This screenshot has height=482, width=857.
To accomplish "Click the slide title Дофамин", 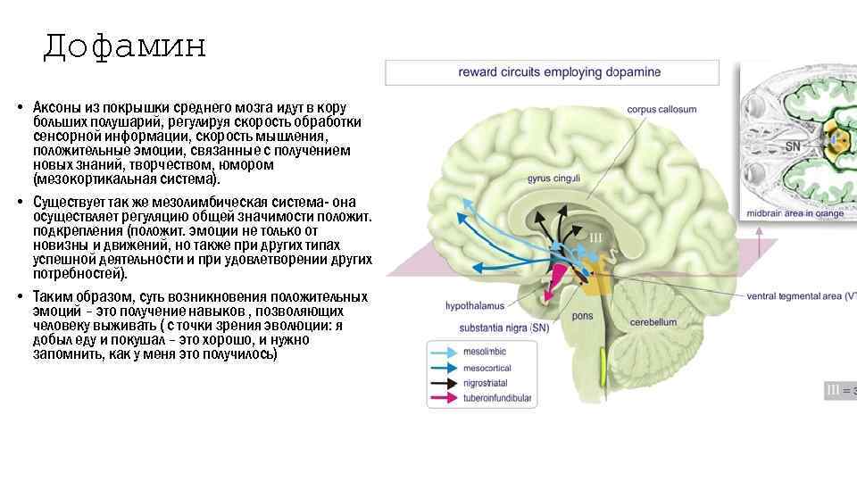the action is tap(124, 46).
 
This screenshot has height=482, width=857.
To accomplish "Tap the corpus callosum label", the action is tap(655, 110).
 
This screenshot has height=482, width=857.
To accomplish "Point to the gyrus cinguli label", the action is tap(553, 179).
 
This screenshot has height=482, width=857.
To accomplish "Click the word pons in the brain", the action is tap(582, 315).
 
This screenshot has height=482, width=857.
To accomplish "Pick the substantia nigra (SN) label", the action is tap(503, 328).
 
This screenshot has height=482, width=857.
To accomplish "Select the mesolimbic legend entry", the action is tap(485, 353).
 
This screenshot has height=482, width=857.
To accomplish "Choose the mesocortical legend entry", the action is tap(488, 368).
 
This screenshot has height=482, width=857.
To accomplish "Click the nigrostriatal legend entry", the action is tap(487, 383).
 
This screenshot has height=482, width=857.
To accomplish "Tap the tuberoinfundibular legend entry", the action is tap(496, 398).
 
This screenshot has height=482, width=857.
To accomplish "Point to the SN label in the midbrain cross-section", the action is tap(791, 145).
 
